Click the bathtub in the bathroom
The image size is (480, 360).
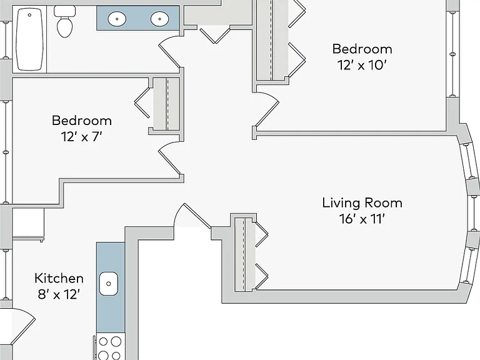pos(29,39)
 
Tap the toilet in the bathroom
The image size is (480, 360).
pos(64,21)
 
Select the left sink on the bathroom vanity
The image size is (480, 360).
pos(117,19)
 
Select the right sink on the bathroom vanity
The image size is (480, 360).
pos(159,19)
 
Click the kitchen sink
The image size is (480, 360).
pos(108,284)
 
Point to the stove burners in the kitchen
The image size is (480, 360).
pos(109,348)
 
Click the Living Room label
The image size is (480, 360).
pos(362,203)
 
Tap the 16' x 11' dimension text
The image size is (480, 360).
pos(362,219)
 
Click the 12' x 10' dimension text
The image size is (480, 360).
pos(362,65)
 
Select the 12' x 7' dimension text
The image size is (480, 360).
pos(81,137)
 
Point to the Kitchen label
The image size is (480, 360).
pos(59,279)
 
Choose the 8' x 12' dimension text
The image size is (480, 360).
pos(59,295)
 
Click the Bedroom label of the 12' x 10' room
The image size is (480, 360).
pos(362,49)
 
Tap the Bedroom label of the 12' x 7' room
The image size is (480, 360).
pos(82,121)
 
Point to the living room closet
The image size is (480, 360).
pos(245,254)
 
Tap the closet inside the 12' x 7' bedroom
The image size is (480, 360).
pos(166,104)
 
